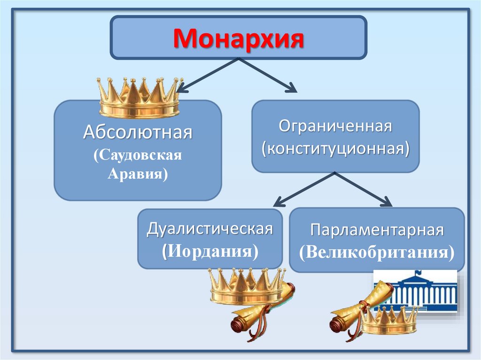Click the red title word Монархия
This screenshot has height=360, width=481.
238,38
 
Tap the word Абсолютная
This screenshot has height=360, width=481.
138,132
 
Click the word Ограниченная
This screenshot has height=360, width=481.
335,127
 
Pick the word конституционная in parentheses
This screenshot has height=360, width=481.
335,149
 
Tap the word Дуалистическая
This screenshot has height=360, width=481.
210,230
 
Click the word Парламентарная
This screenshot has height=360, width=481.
377,231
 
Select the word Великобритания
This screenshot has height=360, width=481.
377,252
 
